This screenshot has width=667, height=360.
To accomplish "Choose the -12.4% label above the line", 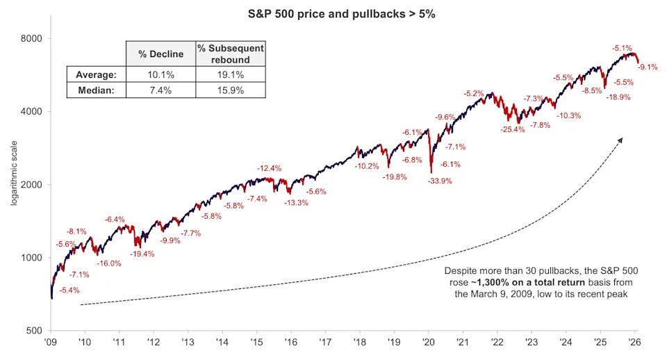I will (x=269, y=168).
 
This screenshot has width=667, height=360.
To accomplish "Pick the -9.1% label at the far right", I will (x=648, y=67).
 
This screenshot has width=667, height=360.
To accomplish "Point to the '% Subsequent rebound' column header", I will (x=230, y=54).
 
